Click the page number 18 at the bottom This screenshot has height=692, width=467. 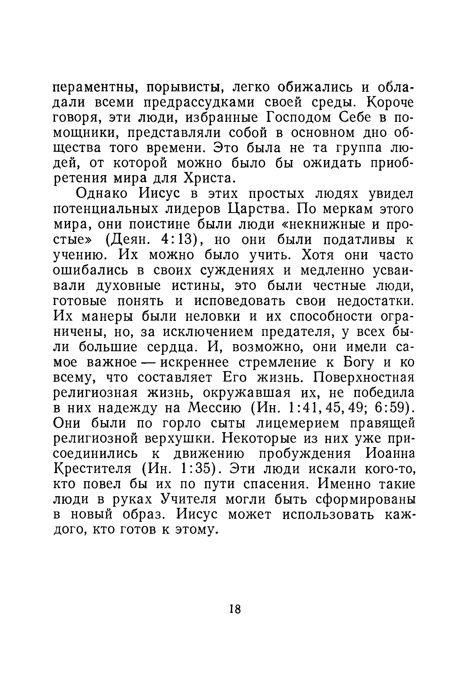pyautogui.click(x=235, y=609)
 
